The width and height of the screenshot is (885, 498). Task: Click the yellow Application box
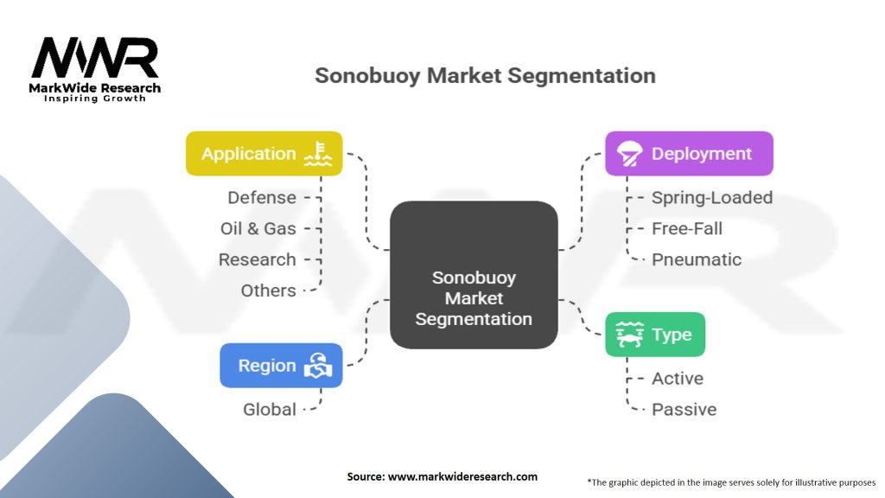(x=264, y=154)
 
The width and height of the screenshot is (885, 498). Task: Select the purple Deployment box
(x=689, y=154)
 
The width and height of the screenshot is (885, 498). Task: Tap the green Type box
(x=655, y=335)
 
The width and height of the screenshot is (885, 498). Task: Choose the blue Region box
(x=281, y=366)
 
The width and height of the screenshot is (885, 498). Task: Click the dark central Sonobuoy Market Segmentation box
(x=474, y=275)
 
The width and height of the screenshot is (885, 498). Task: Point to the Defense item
(x=262, y=198)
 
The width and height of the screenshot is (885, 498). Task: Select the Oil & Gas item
(x=258, y=228)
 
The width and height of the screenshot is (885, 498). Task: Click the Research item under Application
(x=258, y=259)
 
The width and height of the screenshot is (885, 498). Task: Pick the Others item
(x=268, y=290)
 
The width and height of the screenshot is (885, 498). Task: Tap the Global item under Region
(x=270, y=409)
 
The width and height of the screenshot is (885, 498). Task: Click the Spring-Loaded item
(x=712, y=198)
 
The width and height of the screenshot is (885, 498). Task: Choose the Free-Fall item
(x=687, y=228)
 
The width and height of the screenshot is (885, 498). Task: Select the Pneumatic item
(x=697, y=259)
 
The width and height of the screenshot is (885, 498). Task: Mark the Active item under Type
(x=678, y=379)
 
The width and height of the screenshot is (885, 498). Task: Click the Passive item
(x=684, y=409)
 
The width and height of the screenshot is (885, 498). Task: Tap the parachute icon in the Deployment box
(x=629, y=154)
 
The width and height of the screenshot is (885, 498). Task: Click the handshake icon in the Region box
(x=318, y=366)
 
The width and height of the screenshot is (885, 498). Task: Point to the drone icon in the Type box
(x=629, y=335)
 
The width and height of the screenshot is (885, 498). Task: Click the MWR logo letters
(x=95, y=58)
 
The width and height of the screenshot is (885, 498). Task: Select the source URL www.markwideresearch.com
(x=463, y=476)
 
